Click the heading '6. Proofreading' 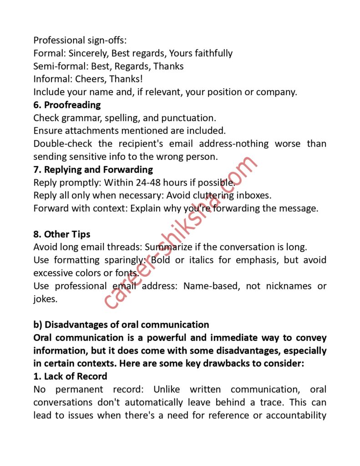[67, 105]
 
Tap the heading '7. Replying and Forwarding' [93, 170]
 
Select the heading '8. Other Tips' [61, 234]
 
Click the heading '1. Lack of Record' [70, 376]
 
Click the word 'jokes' [45, 299]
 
